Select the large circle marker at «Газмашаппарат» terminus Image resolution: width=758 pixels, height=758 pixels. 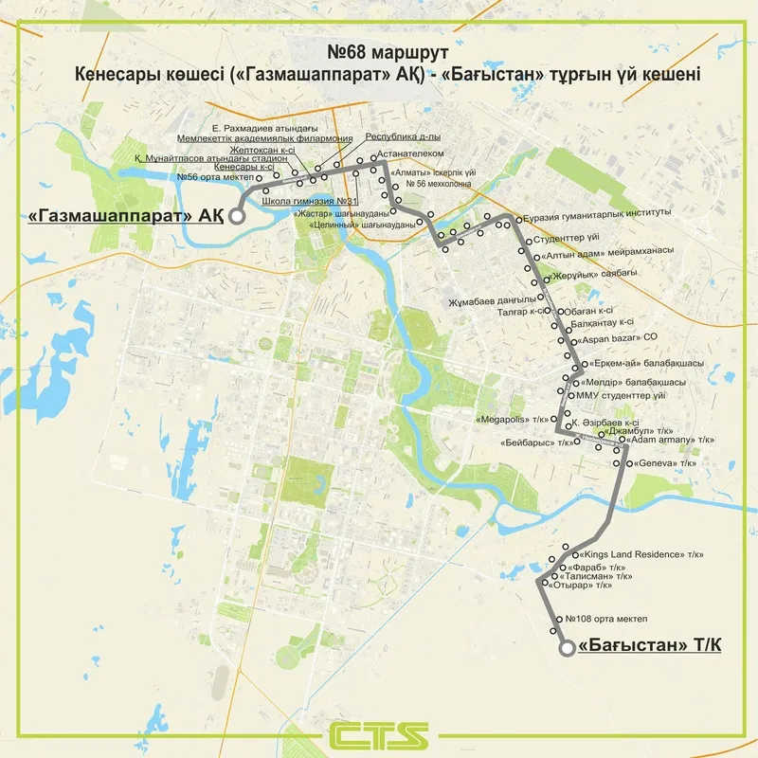237,215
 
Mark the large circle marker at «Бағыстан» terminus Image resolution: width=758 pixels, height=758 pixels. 566,648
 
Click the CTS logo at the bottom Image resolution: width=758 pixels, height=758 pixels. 379,734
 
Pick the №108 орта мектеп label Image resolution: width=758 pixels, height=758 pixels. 605,618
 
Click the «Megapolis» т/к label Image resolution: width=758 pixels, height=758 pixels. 513,418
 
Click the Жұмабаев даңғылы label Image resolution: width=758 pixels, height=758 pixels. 498,301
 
